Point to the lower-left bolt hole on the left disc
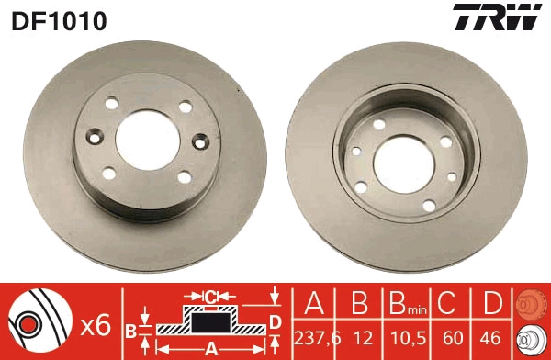pyautogui.click(x=109, y=172)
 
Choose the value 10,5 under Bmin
pyautogui.click(x=400, y=339)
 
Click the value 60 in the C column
pyautogui.click(x=446, y=339)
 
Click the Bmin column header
pyautogui.click(x=400, y=306)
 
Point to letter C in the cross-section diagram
pyautogui.click(x=210, y=297)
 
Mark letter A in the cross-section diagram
pyautogui.click(x=210, y=349)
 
